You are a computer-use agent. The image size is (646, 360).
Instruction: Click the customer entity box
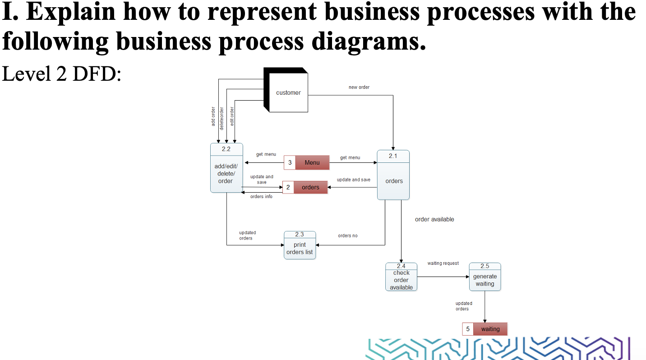coord(288,92)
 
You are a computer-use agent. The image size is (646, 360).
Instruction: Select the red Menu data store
coord(312,162)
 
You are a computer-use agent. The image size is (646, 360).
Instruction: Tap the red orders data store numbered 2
coord(310,187)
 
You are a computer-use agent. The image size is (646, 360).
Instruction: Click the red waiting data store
coord(490,329)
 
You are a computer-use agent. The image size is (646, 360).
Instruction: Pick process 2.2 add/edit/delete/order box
coord(226,168)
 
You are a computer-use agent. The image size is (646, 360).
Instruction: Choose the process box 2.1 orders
coord(393,175)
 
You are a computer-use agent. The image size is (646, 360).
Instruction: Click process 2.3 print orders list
coord(300,245)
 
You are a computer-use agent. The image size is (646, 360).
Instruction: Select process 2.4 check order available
coord(401,277)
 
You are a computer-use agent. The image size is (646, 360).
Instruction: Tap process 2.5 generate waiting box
coord(485,277)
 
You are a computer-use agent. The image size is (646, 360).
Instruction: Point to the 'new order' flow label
coord(359,87)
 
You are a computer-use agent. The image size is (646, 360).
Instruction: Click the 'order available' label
coord(434,219)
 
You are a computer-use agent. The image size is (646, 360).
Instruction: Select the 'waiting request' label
coord(443,263)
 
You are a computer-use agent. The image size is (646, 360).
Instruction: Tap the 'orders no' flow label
coord(348,235)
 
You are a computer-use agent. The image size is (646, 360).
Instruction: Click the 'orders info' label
coord(261,197)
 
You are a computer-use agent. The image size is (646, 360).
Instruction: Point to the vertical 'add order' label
coord(213,116)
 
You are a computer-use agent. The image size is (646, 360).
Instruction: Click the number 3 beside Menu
coord(290,162)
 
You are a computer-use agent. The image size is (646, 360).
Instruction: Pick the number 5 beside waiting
coord(468,329)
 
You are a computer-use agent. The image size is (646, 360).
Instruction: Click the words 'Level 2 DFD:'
coord(62,74)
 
